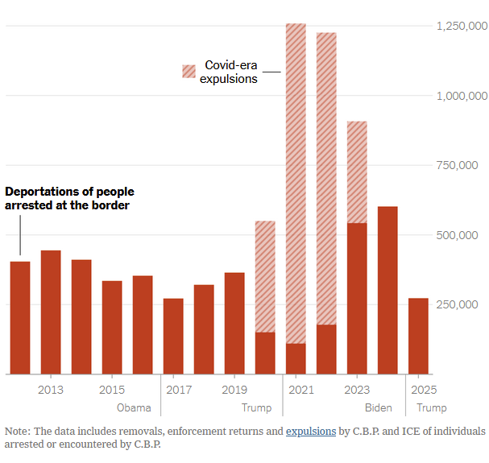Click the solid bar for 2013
[x=51, y=312]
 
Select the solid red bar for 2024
[x=387, y=290]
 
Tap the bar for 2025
[x=418, y=336]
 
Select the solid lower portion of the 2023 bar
[x=357, y=298]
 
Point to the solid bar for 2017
[x=173, y=336]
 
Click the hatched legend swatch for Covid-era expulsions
[x=189, y=72]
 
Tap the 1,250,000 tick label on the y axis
[x=462, y=27]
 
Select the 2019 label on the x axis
[x=234, y=390]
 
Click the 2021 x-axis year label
[x=296, y=390]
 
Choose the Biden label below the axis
[x=379, y=407]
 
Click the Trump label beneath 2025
[x=432, y=407]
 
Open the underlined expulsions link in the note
[x=311, y=432]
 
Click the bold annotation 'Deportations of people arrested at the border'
[x=70, y=199]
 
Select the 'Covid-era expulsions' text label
[x=229, y=72]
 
